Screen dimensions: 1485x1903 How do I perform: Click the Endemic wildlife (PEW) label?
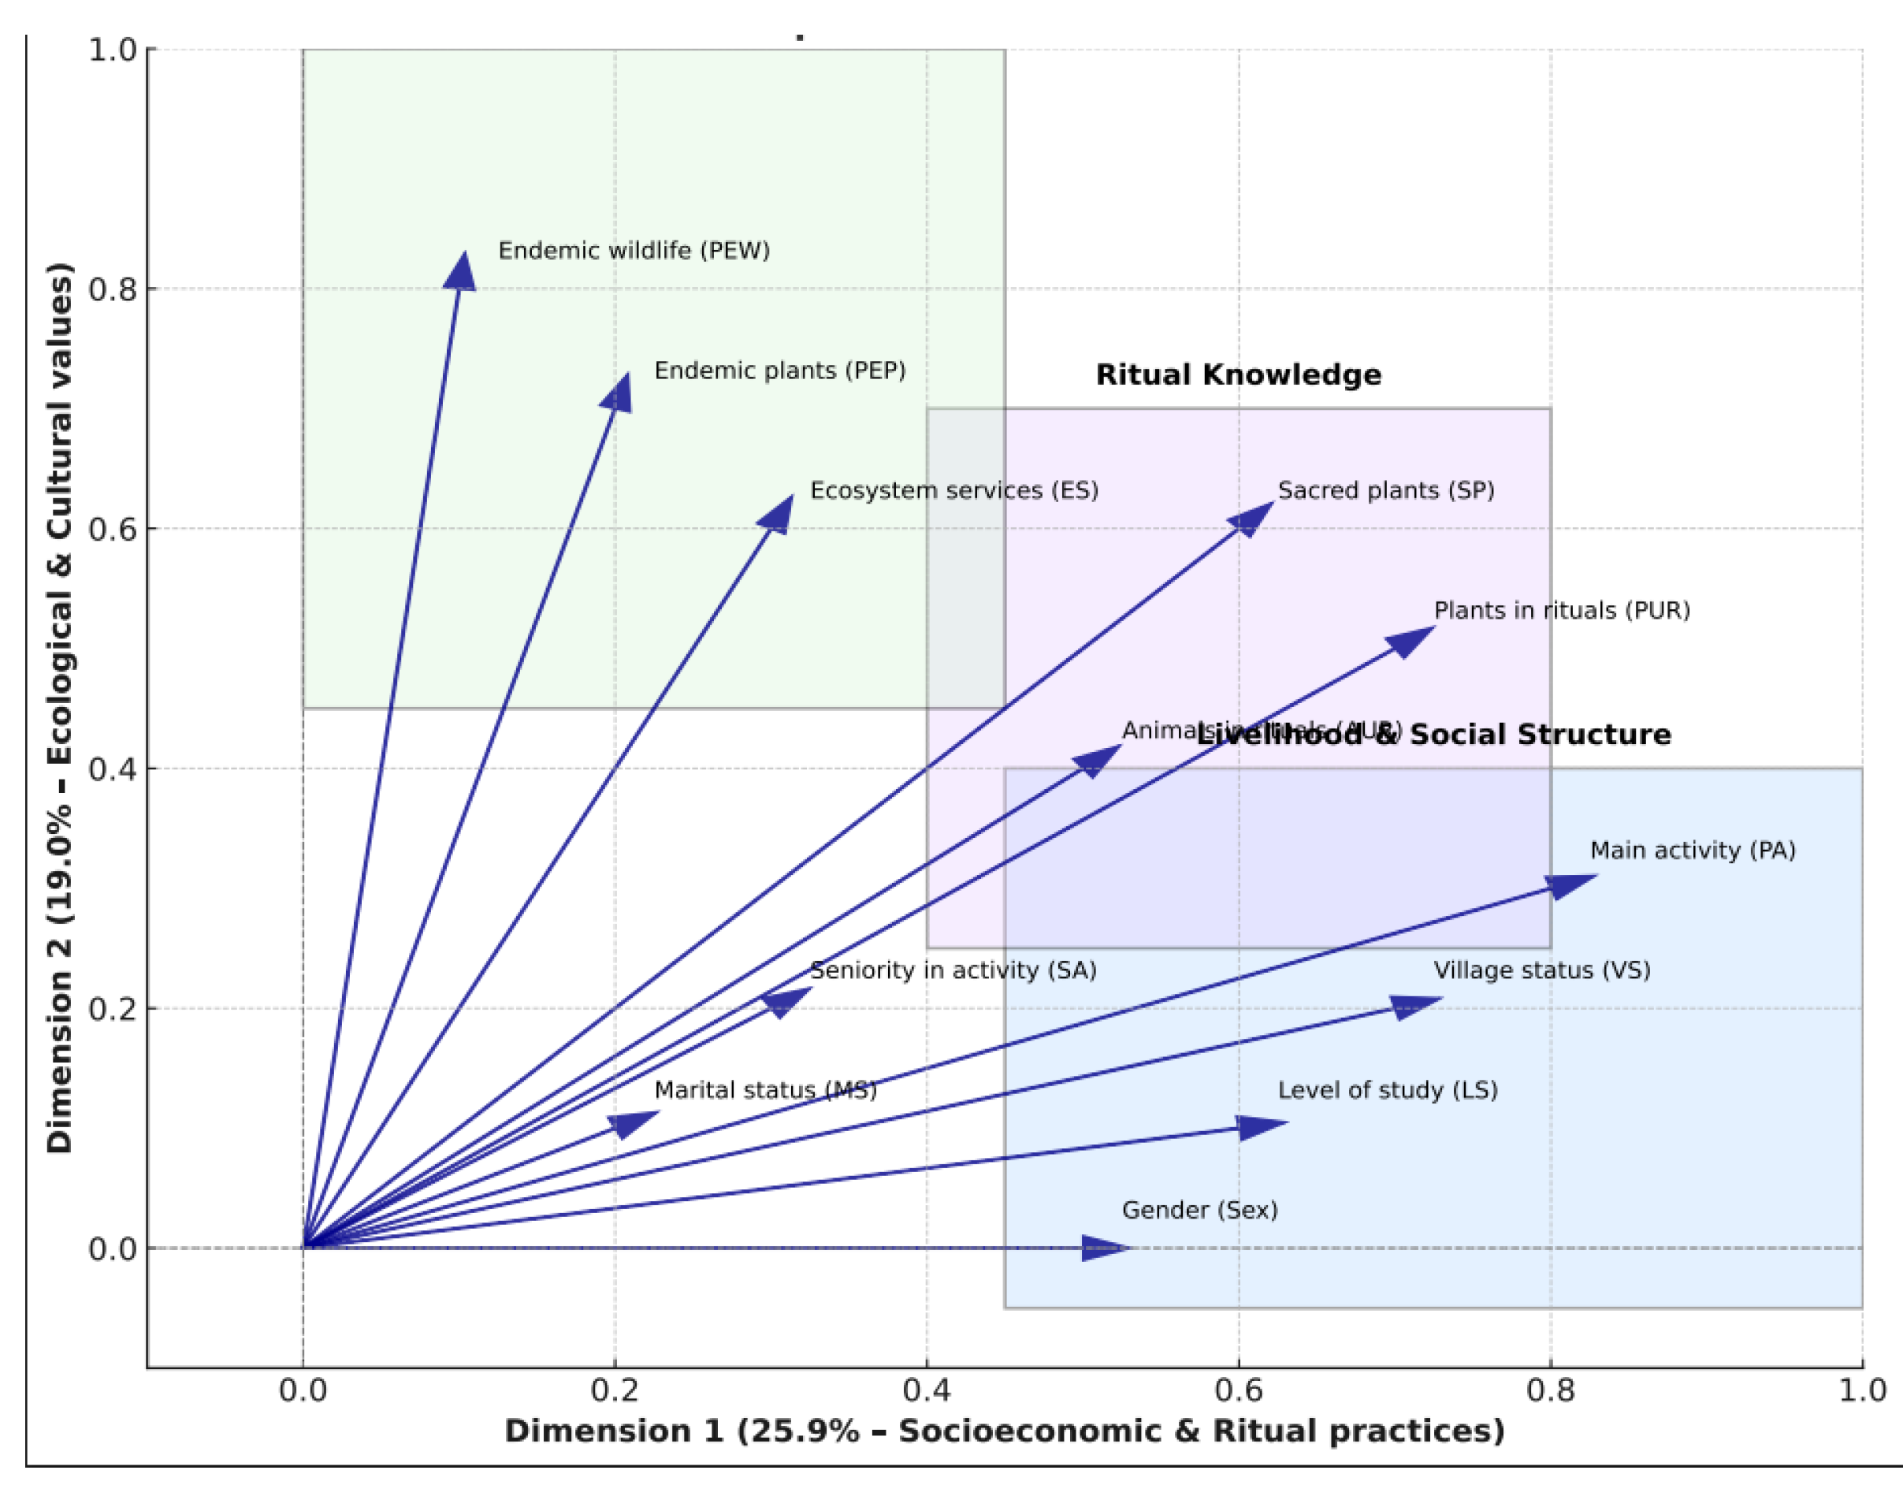[634, 251]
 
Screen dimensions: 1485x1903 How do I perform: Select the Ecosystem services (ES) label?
[954, 490]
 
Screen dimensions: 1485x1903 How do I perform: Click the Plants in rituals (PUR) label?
[1562, 610]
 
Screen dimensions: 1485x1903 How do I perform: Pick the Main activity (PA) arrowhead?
[1571, 884]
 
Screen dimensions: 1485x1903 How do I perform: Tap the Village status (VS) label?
[1541, 970]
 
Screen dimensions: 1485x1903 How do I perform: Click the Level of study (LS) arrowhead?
[1261, 1127]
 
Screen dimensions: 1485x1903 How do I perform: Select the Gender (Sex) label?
[1199, 1210]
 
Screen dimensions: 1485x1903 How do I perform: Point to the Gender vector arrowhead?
[1105, 1248]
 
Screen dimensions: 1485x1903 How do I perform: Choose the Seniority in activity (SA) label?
[953, 970]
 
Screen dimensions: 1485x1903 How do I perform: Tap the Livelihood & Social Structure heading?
[1433, 735]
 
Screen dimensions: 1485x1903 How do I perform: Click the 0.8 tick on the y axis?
[113, 288]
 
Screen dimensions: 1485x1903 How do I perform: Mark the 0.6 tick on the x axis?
[1238, 1389]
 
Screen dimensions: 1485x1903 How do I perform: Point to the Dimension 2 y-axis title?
[59, 708]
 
